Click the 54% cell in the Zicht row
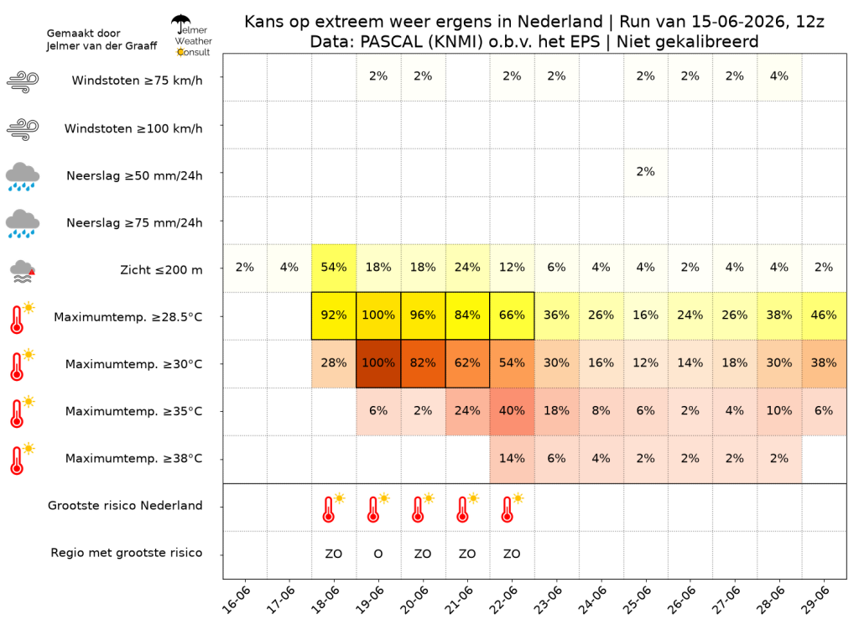coord(334,268)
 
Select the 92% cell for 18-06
coord(334,315)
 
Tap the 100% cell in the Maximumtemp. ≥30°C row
coord(378,363)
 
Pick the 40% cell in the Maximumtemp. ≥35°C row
coord(512,411)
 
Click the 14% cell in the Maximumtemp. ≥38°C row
coord(512,459)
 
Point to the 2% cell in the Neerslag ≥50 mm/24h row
coord(645,172)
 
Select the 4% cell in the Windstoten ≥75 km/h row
coord(779,76)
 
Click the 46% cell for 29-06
coord(824,315)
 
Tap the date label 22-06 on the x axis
coord(502,600)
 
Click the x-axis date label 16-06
coord(236,600)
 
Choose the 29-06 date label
coord(815,600)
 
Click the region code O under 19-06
coord(378,554)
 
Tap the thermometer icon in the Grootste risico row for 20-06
coord(421,508)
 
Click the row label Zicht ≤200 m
coord(161,270)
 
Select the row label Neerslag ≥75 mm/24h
coord(134,223)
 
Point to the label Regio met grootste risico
coord(127,553)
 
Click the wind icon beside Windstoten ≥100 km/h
coord(23,129)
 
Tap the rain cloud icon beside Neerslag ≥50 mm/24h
coord(23,176)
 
